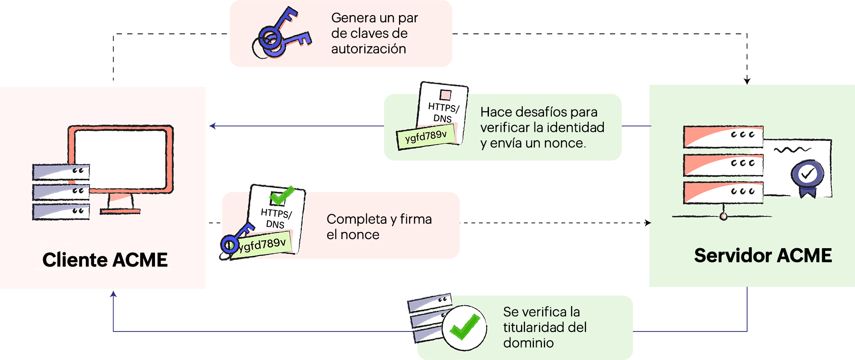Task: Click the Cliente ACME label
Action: click(x=105, y=260)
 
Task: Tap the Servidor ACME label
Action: click(x=763, y=256)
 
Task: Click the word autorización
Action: click(x=368, y=49)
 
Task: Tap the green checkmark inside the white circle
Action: click(x=464, y=327)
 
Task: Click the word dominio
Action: click(x=528, y=343)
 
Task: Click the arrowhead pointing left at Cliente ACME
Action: click(x=213, y=126)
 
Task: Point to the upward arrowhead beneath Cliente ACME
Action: click(x=114, y=294)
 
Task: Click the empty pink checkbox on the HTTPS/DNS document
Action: click(x=445, y=95)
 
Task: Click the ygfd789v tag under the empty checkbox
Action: click(x=426, y=136)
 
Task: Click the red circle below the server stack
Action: click(x=724, y=217)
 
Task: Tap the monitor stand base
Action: click(x=120, y=211)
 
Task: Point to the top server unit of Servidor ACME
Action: click(x=723, y=136)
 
